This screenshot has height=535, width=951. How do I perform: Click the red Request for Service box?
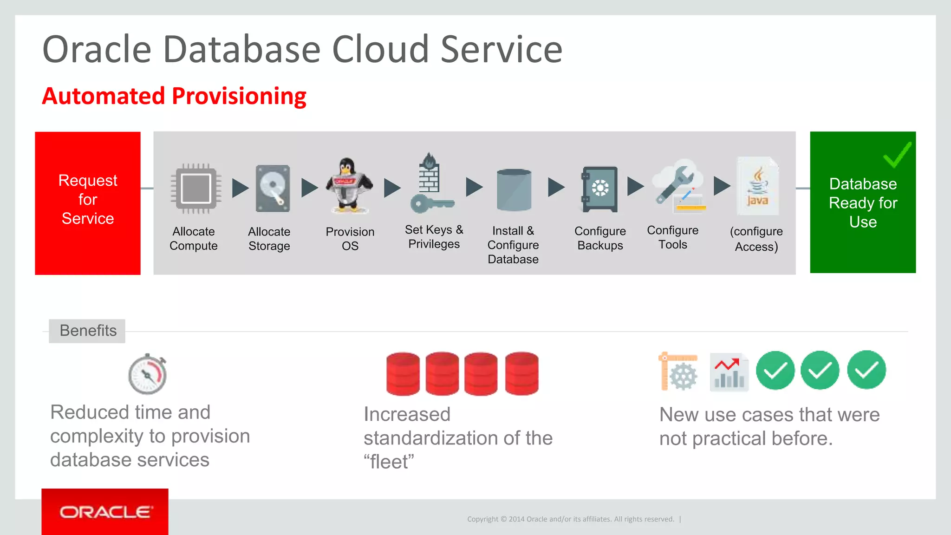click(x=88, y=203)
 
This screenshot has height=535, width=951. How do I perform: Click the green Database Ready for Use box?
click(x=863, y=202)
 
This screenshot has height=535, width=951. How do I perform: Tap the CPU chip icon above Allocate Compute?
click(x=195, y=189)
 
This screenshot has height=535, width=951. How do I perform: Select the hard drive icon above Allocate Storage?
click(x=273, y=189)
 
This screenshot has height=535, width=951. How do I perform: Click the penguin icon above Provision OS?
click(x=349, y=185)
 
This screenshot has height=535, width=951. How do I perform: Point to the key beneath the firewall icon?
click(x=431, y=203)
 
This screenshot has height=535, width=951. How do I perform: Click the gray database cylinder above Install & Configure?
click(x=514, y=189)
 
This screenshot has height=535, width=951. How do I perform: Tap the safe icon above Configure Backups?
click(x=599, y=189)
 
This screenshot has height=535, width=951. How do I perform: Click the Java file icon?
click(x=757, y=186)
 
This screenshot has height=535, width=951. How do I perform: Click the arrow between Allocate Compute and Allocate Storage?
click(x=240, y=188)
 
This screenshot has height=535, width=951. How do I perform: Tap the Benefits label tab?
click(x=87, y=331)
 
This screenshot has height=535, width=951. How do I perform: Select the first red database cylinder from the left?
click(x=403, y=373)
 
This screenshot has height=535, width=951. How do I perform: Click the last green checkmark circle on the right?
click(x=866, y=370)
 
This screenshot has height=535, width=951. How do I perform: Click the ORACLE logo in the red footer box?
click(x=105, y=512)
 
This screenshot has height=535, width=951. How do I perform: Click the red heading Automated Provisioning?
click(x=174, y=96)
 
